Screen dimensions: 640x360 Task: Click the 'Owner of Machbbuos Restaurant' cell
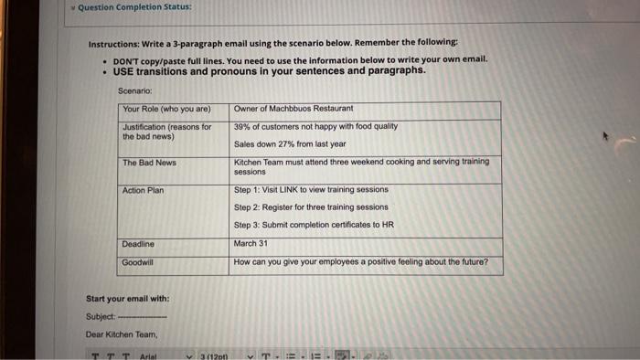tap(293, 109)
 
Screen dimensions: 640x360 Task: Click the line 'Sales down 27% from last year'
tap(290, 144)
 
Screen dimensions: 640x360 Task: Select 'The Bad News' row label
tap(150, 164)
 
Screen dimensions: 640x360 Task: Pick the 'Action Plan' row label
tap(144, 190)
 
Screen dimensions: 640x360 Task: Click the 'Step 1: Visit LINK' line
tap(311, 190)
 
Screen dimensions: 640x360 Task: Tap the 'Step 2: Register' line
tap(311, 207)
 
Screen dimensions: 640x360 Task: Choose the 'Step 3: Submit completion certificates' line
tap(314, 225)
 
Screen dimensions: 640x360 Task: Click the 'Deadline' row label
tap(139, 244)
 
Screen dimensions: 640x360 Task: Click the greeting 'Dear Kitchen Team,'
tap(123, 334)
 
